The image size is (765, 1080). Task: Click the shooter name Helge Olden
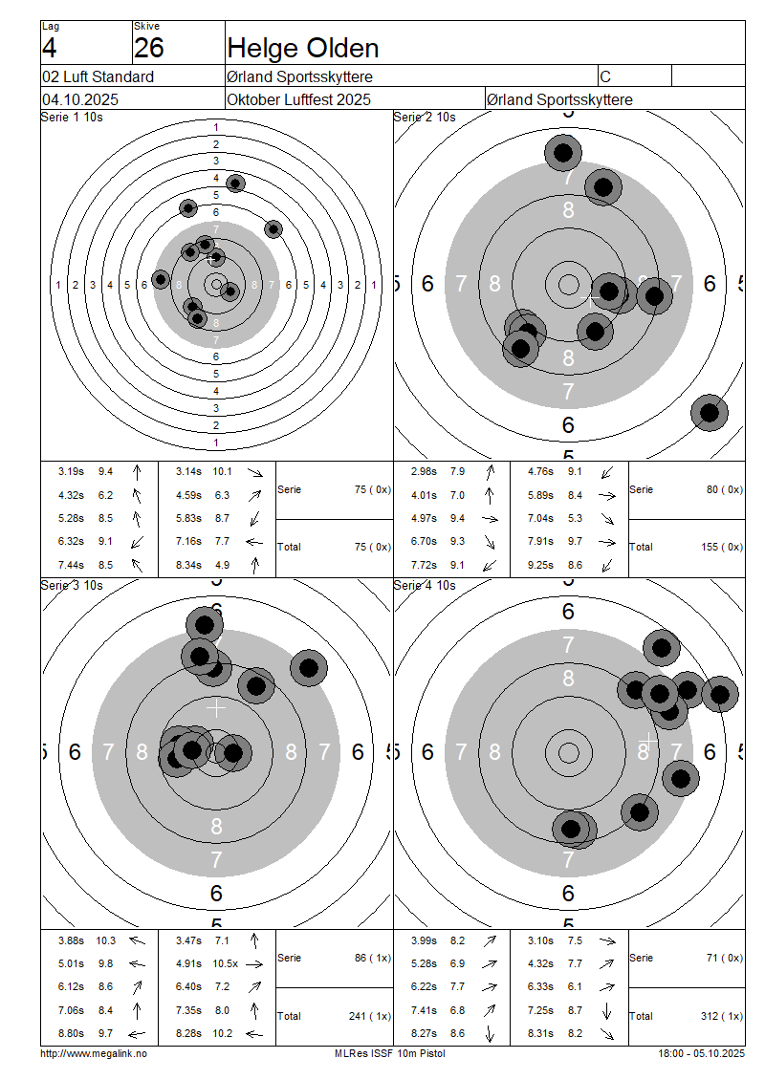point(302,48)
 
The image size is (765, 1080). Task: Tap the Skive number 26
point(148,48)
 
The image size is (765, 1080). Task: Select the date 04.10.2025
point(80,99)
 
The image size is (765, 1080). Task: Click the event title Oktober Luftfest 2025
point(298,99)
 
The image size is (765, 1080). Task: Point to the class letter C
point(605,76)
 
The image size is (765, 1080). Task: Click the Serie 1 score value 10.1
point(222,471)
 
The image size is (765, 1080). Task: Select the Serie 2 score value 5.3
point(575,519)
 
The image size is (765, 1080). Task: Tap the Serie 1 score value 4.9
point(222,565)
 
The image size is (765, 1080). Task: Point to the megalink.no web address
point(94,1053)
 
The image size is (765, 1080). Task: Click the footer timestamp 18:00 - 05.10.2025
point(701,1053)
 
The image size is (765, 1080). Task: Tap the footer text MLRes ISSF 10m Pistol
point(389,1053)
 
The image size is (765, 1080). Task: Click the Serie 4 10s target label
point(425,585)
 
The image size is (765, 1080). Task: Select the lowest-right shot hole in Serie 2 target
point(709,413)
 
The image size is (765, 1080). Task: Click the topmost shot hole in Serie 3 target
point(204,625)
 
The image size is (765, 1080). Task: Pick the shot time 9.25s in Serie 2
point(540,565)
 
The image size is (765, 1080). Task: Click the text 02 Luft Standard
point(98,76)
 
